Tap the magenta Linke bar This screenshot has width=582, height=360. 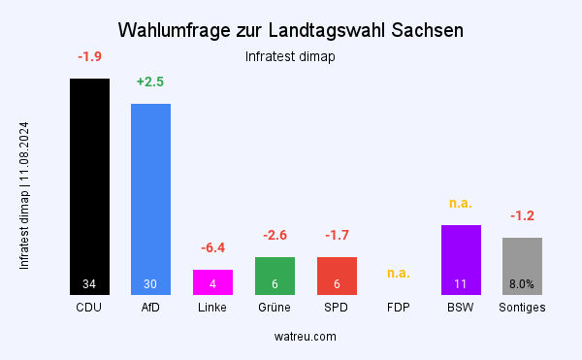(212, 281)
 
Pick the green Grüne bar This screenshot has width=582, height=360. (275, 276)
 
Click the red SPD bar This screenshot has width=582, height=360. (337, 276)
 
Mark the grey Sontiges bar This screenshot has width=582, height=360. (522, 265)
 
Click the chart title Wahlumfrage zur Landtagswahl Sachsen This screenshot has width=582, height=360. (291, 29)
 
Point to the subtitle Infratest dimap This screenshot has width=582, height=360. (291, 56)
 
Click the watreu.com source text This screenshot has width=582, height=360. (291, 336)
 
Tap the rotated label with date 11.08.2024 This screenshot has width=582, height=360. (24, 195)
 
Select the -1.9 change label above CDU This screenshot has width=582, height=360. (89, 56)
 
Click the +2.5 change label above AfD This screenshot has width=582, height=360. (150, 82)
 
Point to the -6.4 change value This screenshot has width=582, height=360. (212, 247)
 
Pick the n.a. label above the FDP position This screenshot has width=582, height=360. (399, 273)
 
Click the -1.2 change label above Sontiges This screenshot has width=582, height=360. (522, 215)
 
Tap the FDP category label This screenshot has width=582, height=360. (399, 308)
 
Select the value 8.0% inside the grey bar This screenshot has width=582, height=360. (522, 284)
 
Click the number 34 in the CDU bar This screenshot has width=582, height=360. (89, 284)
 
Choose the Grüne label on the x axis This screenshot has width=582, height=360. (275, 308)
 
